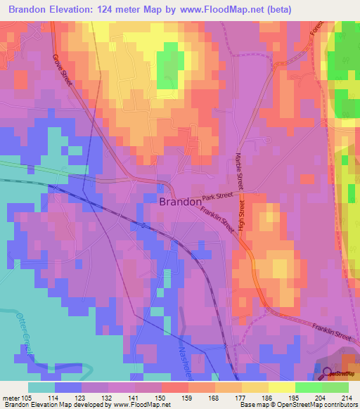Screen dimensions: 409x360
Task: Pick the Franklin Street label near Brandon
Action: tap(217, 219)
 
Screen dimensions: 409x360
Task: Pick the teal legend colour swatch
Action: tap(41, 387)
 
